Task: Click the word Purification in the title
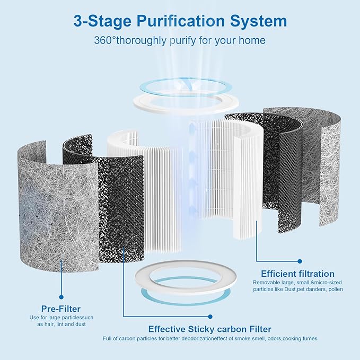click(x=186, y=21)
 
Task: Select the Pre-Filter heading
click(x=61, y=309)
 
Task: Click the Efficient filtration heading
click(x=301, y=274)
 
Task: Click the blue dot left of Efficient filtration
click(x=257, y=261)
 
